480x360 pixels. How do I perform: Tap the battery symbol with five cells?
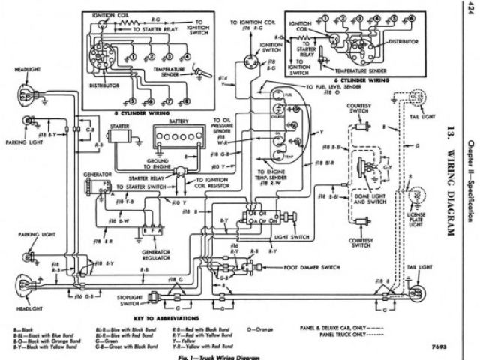(176, 136)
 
